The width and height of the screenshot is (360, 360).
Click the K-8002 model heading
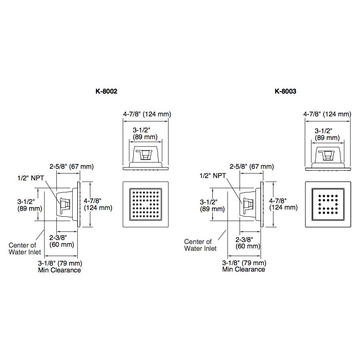click(106, 91)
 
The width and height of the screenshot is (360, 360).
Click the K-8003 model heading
click(285, 91)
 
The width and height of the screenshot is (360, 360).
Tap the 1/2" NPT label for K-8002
click(30, 178)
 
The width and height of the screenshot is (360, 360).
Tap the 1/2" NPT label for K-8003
click(213, 176)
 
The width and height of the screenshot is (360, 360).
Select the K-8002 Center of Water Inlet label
click(25, 249)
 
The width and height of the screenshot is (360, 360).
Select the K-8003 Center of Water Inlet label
click(200, 245)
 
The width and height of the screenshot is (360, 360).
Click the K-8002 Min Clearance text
click(60, 270)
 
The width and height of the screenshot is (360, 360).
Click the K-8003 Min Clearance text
click(244, 269)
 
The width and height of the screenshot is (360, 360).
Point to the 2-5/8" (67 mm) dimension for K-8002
click(72, 166)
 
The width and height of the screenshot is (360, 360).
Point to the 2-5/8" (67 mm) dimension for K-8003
click(252, 166)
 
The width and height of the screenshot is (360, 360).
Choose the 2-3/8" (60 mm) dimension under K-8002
click(62, 241)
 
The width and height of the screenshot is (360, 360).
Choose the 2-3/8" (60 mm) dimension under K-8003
click(248, 243)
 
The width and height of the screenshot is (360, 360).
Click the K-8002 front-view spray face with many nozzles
click(146, 204)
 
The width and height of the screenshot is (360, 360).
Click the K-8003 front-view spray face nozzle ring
click(328, 204)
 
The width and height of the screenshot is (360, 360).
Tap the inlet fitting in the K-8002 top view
click(144, 154)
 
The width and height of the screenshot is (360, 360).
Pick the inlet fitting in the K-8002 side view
click(65, 206)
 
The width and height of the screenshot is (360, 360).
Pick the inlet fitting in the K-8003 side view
click(248, 206)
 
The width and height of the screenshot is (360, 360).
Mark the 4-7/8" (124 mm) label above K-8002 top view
click(147, 114)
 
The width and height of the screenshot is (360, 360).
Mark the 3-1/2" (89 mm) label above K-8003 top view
click(327, 134)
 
